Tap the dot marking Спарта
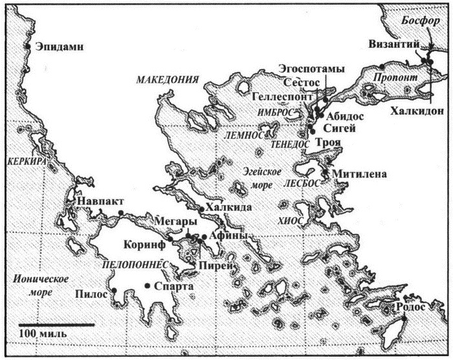tap(148, 286)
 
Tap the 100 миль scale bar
tap(45, 323)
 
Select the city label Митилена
tap(359, 174)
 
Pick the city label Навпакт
tap(98, 201)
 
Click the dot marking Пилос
tap(113, 290)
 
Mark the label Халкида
tap(226, 208)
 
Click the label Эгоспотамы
tap(311, 69)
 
